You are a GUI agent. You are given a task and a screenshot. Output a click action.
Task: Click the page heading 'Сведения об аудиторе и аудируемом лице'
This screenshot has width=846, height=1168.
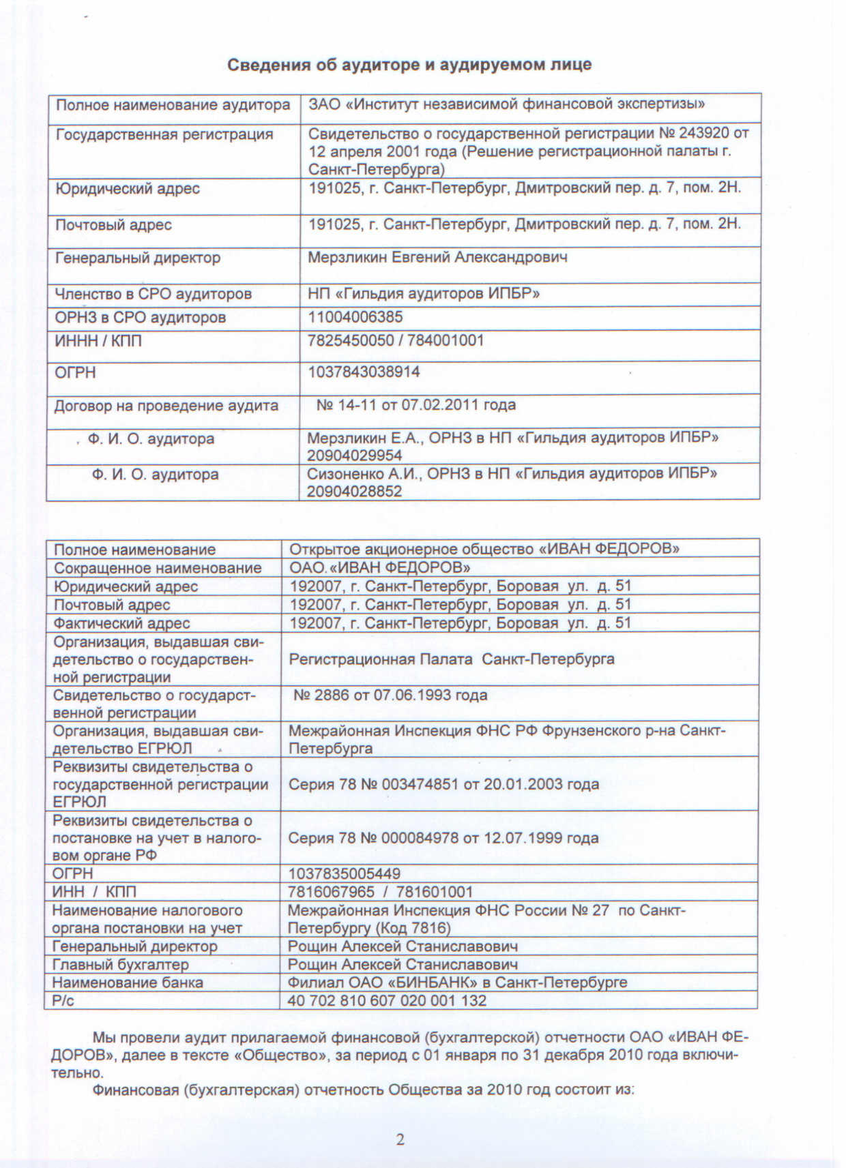[409, 65]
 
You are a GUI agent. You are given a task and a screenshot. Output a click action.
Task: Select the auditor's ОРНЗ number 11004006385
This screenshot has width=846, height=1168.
[355, 317]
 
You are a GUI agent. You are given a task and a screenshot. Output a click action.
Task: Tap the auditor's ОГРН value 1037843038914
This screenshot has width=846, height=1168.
[364, 372]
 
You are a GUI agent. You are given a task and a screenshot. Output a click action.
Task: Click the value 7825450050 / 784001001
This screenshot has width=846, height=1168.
[396, 340]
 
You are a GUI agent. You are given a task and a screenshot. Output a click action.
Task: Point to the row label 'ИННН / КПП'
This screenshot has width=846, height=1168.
[98, 340]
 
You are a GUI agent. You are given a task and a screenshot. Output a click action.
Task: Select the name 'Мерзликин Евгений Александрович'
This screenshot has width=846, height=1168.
[437, 258]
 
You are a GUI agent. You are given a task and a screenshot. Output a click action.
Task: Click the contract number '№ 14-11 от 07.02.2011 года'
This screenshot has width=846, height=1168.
[416, 405]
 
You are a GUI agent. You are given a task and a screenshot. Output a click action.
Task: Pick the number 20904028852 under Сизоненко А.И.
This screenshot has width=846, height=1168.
[354, 492]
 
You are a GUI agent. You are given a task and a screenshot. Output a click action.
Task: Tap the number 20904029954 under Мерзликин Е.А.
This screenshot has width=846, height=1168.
[354, 455]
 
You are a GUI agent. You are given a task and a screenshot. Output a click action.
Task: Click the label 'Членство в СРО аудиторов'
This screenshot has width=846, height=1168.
[153, 294]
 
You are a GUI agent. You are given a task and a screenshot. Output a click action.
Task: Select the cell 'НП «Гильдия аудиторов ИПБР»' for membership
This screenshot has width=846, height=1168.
[424, 294]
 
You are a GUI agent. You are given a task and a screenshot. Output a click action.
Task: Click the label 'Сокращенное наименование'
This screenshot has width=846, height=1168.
[158, 568]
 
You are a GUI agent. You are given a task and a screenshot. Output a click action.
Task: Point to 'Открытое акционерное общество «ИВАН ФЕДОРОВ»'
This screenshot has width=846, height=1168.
[484, 550]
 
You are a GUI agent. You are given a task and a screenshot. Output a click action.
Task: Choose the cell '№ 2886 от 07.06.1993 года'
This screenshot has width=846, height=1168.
[390, 695]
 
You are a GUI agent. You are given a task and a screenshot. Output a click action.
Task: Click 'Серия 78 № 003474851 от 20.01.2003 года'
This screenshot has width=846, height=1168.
[443, 784]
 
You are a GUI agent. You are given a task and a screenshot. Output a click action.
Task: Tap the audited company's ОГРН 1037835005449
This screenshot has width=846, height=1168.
[344, 873]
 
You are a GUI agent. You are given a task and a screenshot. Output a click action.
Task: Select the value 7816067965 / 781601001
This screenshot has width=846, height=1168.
[380, 892]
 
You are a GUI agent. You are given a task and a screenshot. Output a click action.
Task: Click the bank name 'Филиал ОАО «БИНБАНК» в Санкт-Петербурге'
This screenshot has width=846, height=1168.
[457, 983]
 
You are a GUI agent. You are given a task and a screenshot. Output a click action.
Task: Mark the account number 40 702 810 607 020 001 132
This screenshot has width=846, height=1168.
[387, 1001]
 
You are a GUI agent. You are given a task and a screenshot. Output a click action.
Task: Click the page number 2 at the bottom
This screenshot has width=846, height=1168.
[400, 1139]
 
